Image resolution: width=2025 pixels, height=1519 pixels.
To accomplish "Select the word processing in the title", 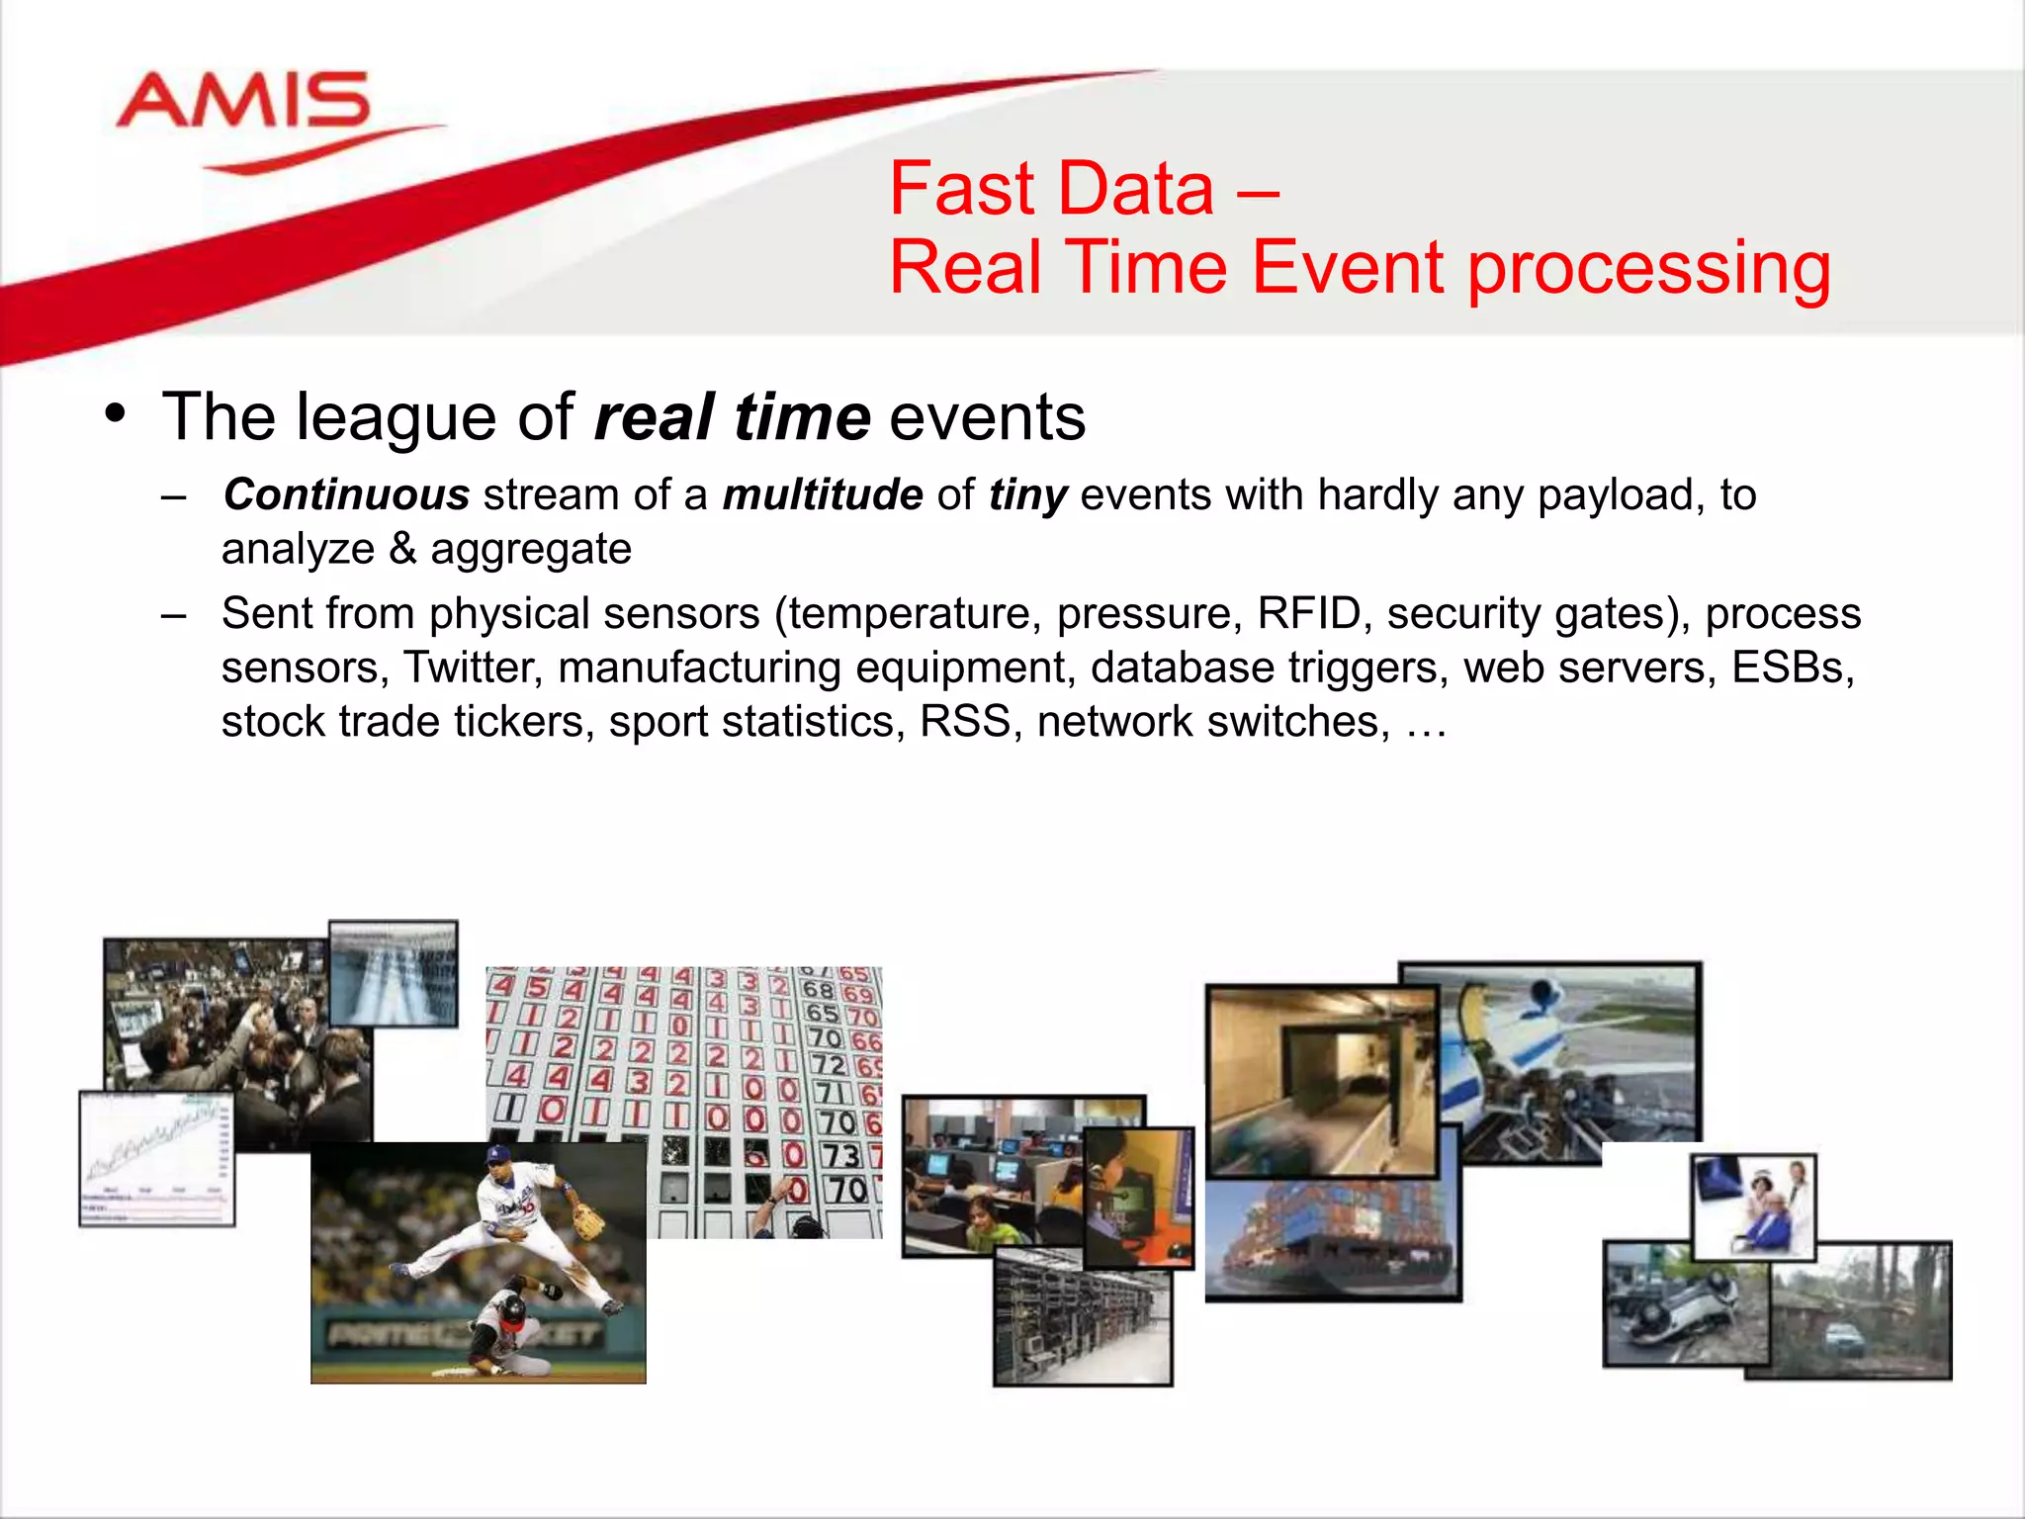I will coord(1648,269).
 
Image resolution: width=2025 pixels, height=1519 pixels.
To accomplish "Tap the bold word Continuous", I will coord(346,494).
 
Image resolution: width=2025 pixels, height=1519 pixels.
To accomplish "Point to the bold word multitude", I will coord(823,494).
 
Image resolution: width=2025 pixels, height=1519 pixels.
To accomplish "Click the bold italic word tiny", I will coord(1027,494).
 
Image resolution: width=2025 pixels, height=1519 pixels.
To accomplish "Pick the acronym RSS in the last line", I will coord(964,721).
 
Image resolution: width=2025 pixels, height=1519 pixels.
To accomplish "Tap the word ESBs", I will coord(1792,668).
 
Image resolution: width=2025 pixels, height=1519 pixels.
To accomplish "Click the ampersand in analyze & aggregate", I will coord(402,549).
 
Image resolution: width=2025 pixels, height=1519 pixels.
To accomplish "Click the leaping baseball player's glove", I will coord(589,1224).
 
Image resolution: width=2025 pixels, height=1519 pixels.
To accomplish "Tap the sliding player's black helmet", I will coord(512,1312).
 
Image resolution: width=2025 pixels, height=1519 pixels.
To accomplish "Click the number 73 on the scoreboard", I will coord(841,1155).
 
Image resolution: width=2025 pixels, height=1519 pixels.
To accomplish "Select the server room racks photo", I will coord(1082,1320).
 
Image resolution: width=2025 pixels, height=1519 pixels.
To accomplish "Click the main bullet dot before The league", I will coord(116,413).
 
